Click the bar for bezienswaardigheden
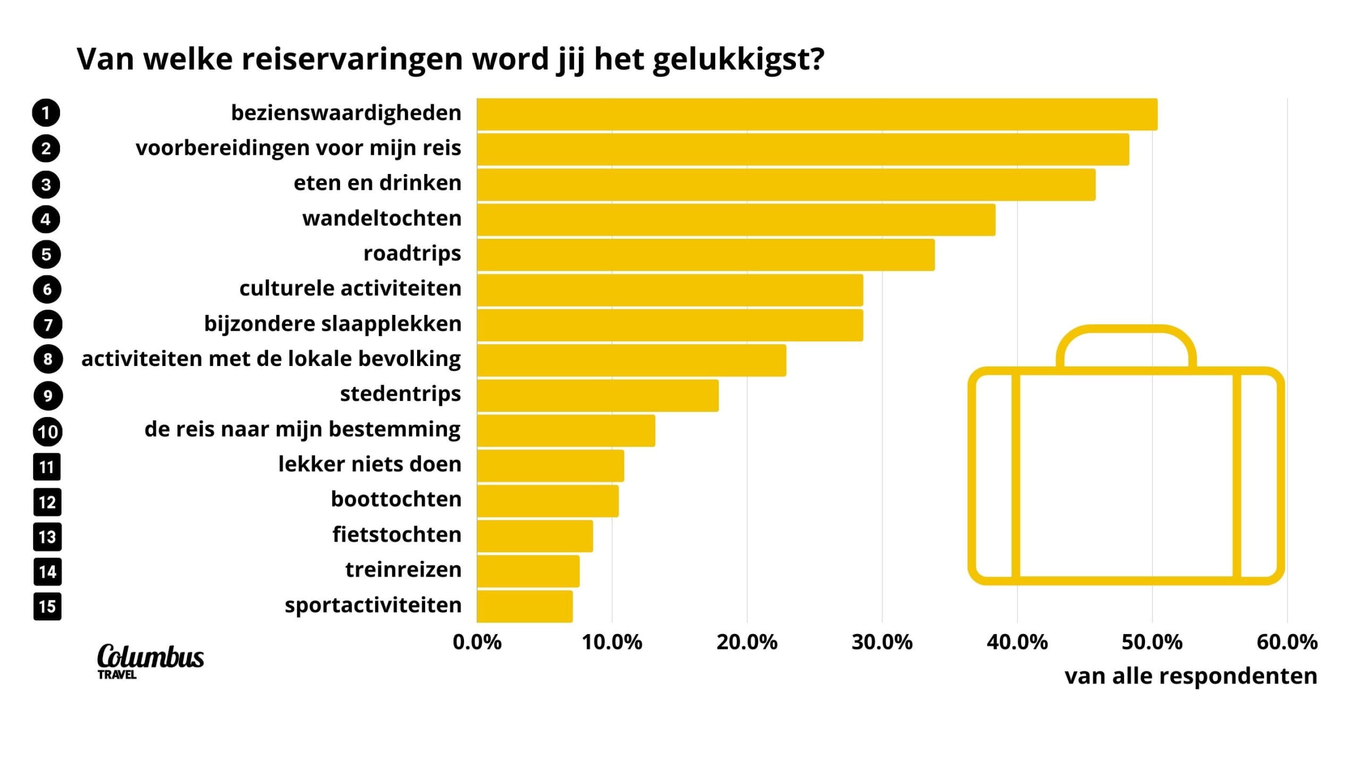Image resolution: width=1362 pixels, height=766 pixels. tap(817, 114)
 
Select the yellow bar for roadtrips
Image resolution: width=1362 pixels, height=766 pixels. tap(705, 255)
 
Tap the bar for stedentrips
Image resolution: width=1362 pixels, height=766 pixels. tap(597, 395)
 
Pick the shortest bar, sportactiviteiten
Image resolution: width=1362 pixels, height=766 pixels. tap(525, 606)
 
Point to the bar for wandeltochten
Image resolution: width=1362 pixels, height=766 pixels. tap(736, 220)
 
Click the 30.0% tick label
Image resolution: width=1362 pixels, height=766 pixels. tap(882, 642)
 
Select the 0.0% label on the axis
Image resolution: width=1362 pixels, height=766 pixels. tap(477, 642)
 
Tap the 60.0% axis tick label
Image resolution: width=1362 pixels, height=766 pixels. tap(1286, 642)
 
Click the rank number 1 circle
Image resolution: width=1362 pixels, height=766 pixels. tap(46, 113)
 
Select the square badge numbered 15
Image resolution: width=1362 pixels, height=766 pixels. tap(47, 606)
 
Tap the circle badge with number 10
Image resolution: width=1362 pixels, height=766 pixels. tap(47, 431)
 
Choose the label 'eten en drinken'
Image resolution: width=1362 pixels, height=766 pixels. tap(377, 183)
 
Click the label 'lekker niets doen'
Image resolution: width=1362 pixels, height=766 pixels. tap(369, 464)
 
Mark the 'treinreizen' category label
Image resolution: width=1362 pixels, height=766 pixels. tap(403, 570)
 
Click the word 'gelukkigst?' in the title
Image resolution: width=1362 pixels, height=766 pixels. tap(738, 60)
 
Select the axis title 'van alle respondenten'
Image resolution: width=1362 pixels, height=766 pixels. tap(1191, 676)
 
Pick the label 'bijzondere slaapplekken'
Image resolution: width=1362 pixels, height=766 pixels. tap(333, 323)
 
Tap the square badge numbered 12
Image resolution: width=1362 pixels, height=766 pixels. tap(47, 502)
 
